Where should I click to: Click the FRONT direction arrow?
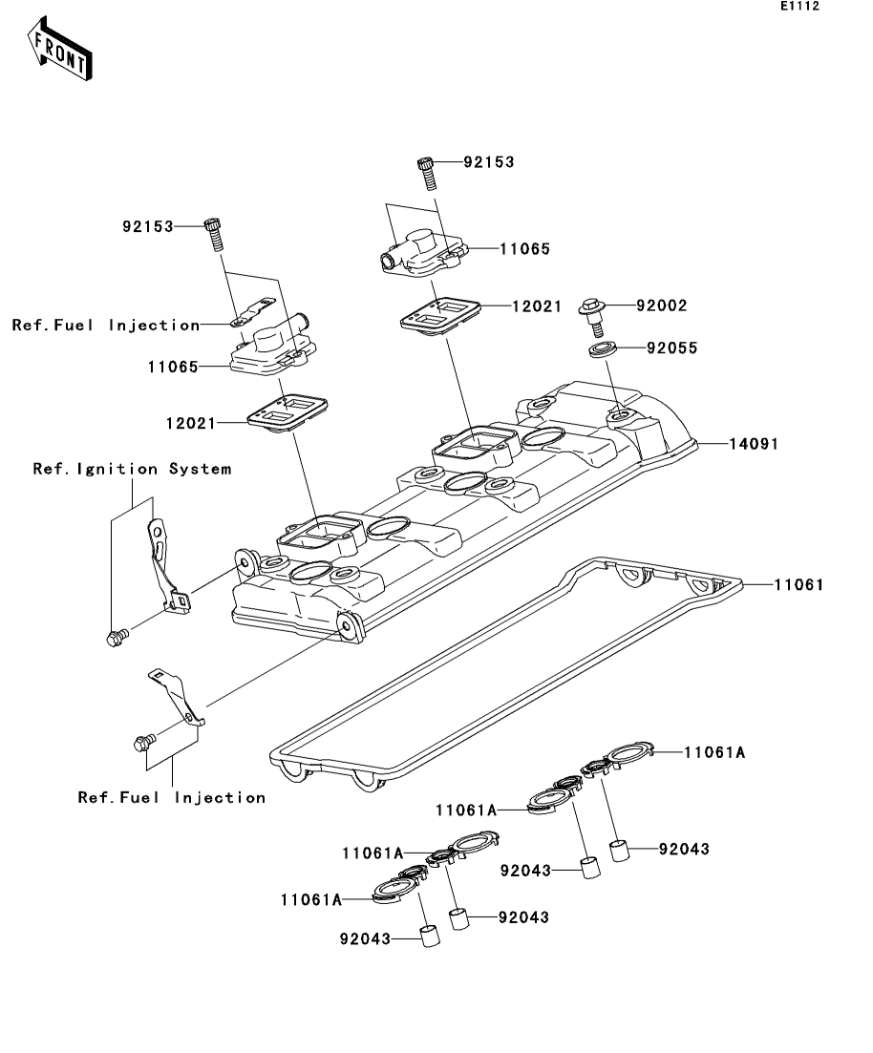pos(59,49)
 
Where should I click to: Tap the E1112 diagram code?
pos(799,6)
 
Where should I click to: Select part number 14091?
pos(754,444)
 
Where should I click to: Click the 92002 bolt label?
pos(662,305)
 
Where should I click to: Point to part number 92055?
pos(672,347)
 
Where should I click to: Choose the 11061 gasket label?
pos(798,585)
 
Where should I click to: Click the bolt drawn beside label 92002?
pos(593,316)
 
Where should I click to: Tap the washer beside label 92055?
pos(602,349)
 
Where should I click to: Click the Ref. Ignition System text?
pos(133,469)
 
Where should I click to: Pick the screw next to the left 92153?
pos(214,235)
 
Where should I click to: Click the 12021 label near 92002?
pos(536,306)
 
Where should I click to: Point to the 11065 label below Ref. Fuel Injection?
pos(174,367)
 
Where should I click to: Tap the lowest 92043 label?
pos(365,938)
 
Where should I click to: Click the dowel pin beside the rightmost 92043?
pos(620,851)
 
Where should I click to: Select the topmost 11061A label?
pos(714,752)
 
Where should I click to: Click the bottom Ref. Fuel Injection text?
pos(171,797)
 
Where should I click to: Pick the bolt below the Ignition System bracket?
pos(117,638)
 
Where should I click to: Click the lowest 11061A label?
pos(311,899)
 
